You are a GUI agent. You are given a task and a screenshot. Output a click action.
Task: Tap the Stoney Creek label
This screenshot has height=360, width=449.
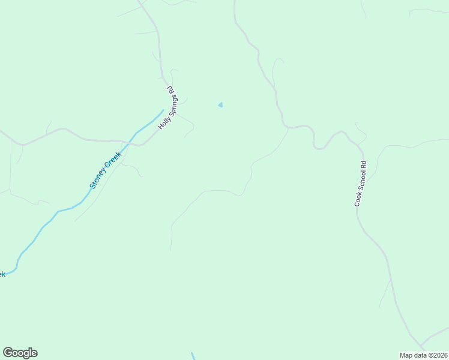pyautogui.click(x=106, y=170)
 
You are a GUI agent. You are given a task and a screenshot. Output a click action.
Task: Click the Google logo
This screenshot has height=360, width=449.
pyautogui.click(x=20, y=353)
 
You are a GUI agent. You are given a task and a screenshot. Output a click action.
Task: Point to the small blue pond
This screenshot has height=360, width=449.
pyautogui.click(x=220, y=105)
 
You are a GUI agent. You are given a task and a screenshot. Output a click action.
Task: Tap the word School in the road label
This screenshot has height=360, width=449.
pyautogui.click(x=360, y=182)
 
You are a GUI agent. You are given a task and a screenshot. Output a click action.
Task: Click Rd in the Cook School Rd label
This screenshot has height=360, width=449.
pyautogui.click(x=363, y=164)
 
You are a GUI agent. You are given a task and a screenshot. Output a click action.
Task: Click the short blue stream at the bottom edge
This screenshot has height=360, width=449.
pyautogui.click(x=193, y=356)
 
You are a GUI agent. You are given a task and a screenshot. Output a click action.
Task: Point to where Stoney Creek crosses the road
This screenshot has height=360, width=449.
pyautogui.click(x=129, y=140)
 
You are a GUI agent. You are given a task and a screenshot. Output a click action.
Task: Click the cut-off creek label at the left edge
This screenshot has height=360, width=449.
pyautogui.click(x=2, y=274)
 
